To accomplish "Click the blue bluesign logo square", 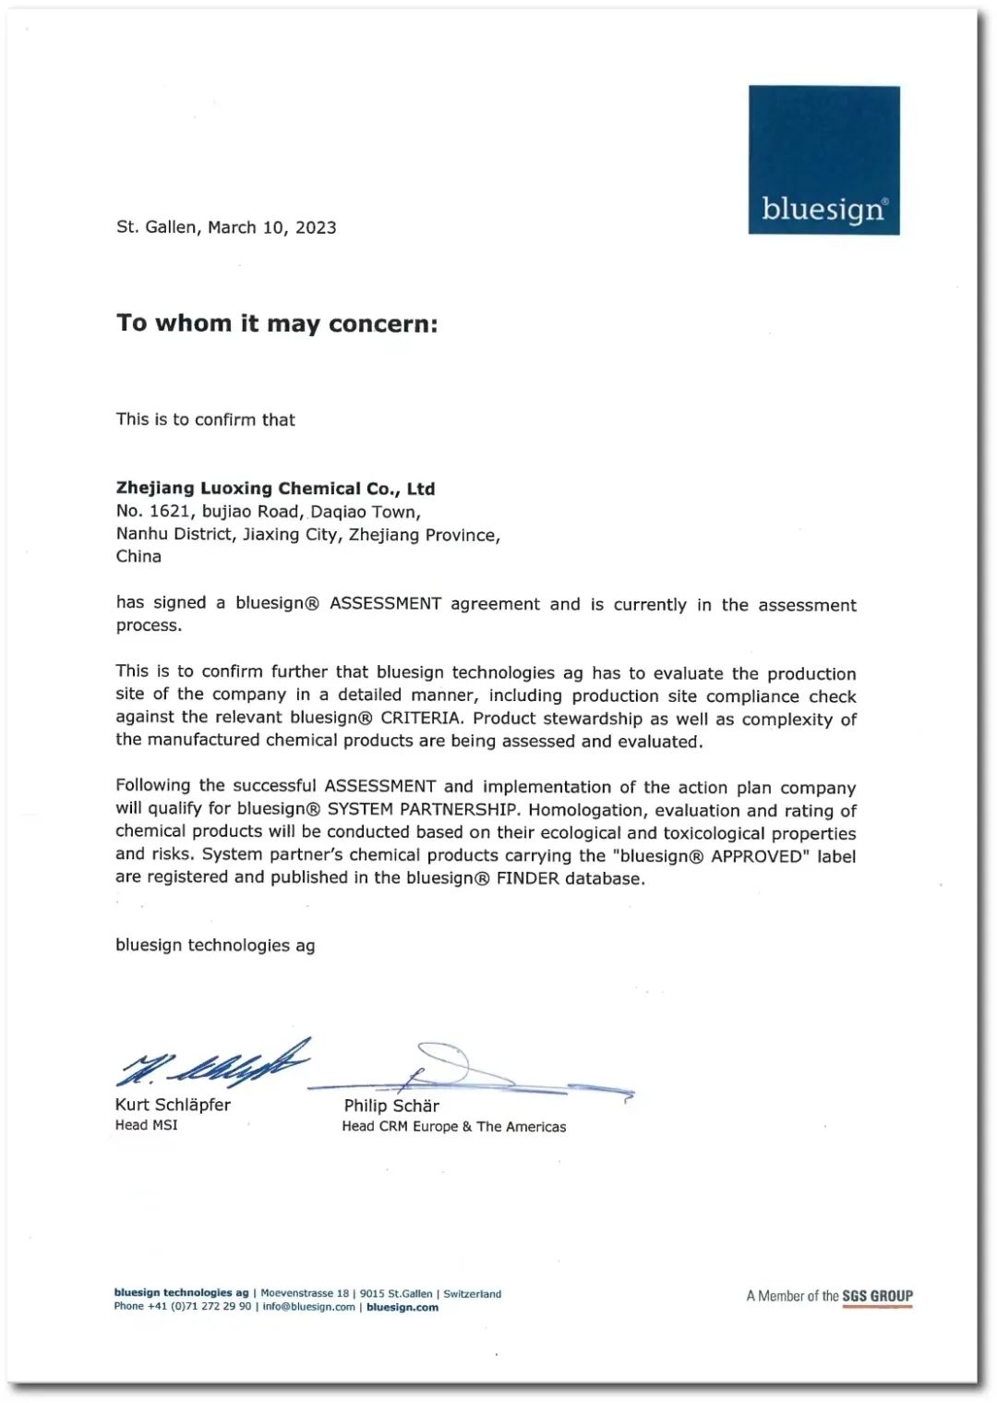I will [x=823, y=160].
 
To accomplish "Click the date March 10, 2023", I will [x=271, y=228].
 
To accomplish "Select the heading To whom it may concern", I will [x=277, y=323].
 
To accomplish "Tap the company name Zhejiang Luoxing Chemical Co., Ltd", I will [x=275, y=489].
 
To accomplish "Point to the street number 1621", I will [x=169, y=512].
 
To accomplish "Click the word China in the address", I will [x=138, y=556].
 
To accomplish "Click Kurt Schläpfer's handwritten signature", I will [x=212, y=1064].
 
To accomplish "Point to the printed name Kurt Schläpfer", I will [x=173, y=1105].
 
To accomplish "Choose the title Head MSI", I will [x=146, y=1125].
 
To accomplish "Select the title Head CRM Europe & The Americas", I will [x=454, y=1127].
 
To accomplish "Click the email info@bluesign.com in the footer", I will [x=308, y=1307].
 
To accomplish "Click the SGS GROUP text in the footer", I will [x=877, y=1296].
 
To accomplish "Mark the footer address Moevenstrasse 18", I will [x=305, y=1294].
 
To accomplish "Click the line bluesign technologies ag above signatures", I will [x=215, y=946].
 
